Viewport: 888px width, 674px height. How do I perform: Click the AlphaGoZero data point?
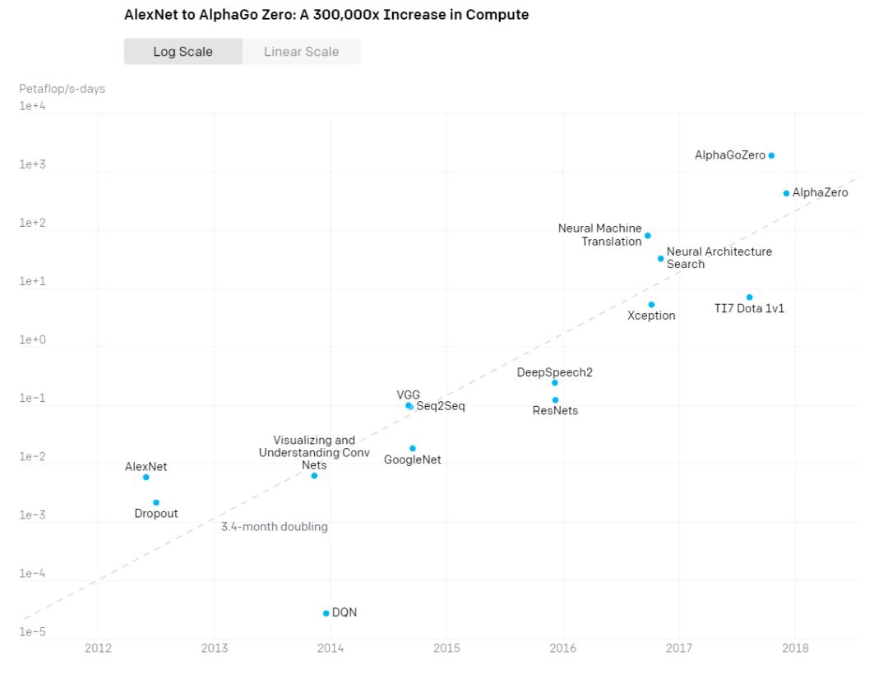[771, 155]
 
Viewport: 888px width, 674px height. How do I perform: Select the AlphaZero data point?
[786, 193]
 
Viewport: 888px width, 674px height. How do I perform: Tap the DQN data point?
[326, 613]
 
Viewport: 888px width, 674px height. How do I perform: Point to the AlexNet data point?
[146, 478]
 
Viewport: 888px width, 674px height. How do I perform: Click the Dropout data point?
[156, 502]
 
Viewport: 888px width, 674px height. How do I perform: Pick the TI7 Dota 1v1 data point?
[749, 298]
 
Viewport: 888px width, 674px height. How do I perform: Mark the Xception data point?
[651, 305]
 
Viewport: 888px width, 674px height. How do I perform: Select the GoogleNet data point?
[413, 449]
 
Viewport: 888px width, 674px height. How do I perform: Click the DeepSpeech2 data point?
[555, 383]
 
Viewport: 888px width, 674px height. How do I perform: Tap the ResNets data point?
[556, 400]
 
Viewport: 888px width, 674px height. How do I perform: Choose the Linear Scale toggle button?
[301, 52]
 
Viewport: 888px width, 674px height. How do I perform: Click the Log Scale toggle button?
[183, 52]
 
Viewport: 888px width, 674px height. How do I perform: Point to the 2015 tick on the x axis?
[447, 649]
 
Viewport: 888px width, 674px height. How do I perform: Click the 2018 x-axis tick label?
[795, 649]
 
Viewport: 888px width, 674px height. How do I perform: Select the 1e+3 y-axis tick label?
[33, 165]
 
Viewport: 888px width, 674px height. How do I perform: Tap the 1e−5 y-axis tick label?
[33, 632]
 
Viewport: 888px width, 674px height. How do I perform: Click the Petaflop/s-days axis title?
[62, 89]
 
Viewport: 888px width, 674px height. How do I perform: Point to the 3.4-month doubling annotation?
[275, 527]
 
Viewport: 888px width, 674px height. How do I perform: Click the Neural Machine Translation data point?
[648, 236]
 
